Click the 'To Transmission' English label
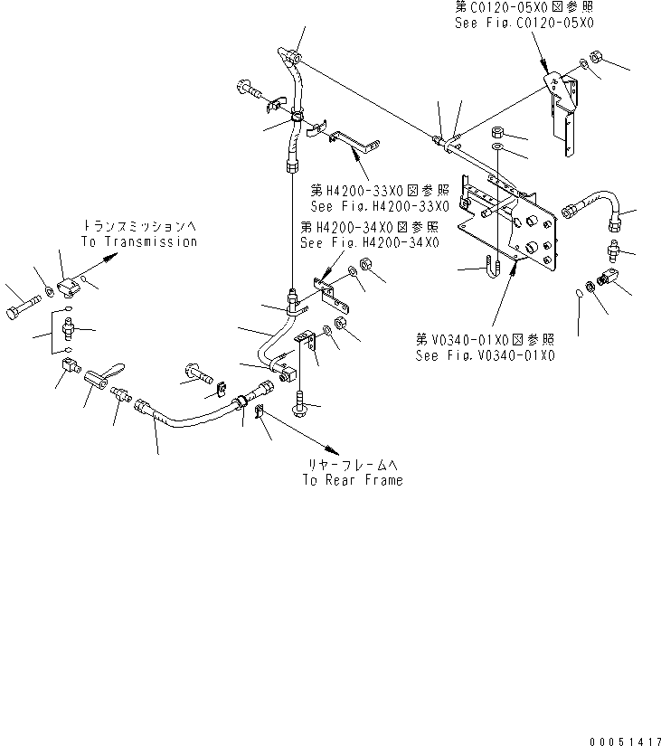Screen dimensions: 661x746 tap(139, 241)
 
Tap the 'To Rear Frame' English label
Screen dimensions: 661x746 tap(353, 480)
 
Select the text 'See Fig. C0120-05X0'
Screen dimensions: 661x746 tap(524, 23)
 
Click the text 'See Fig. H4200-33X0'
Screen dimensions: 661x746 tap(380, 206)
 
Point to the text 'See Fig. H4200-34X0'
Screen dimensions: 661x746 tap(369, 242)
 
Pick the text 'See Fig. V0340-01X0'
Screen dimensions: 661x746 tap(485, 355)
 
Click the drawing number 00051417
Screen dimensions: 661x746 tap(625, 741)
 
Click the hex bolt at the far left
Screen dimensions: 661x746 tap(24, 307)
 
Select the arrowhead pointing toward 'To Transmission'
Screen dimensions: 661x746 tap(111, 258)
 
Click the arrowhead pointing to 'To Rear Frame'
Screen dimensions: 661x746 tap(332, 449)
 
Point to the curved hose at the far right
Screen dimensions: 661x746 tap(591, 210)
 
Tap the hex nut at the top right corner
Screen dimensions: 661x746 tap(596, 57)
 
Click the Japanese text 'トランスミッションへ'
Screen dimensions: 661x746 tap(139, 225)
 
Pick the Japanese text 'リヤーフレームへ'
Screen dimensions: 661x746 tap(353, 465)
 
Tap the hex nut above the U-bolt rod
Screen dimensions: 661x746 tap(497, 132)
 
